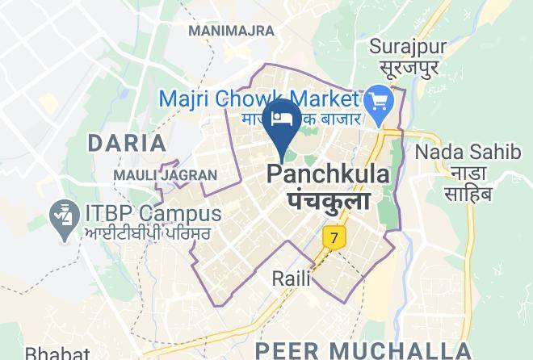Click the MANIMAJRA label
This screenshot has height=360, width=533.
tap(231, 31)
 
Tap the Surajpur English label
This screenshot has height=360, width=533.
tap(408, 46)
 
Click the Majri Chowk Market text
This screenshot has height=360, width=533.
tap(258, 98)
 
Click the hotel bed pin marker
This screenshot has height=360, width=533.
tap(282, 120)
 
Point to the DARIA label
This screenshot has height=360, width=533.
tap(126, 144)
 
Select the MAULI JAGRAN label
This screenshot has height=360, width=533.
tap(165, 174)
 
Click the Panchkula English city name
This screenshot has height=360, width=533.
tap(327, 174)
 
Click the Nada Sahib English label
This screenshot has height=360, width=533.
tap(457, 152)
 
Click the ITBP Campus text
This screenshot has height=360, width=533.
tap(152, 214)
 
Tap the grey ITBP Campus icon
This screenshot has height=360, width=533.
tap(62, 218)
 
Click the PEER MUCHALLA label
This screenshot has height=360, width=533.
tap(361, 350)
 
